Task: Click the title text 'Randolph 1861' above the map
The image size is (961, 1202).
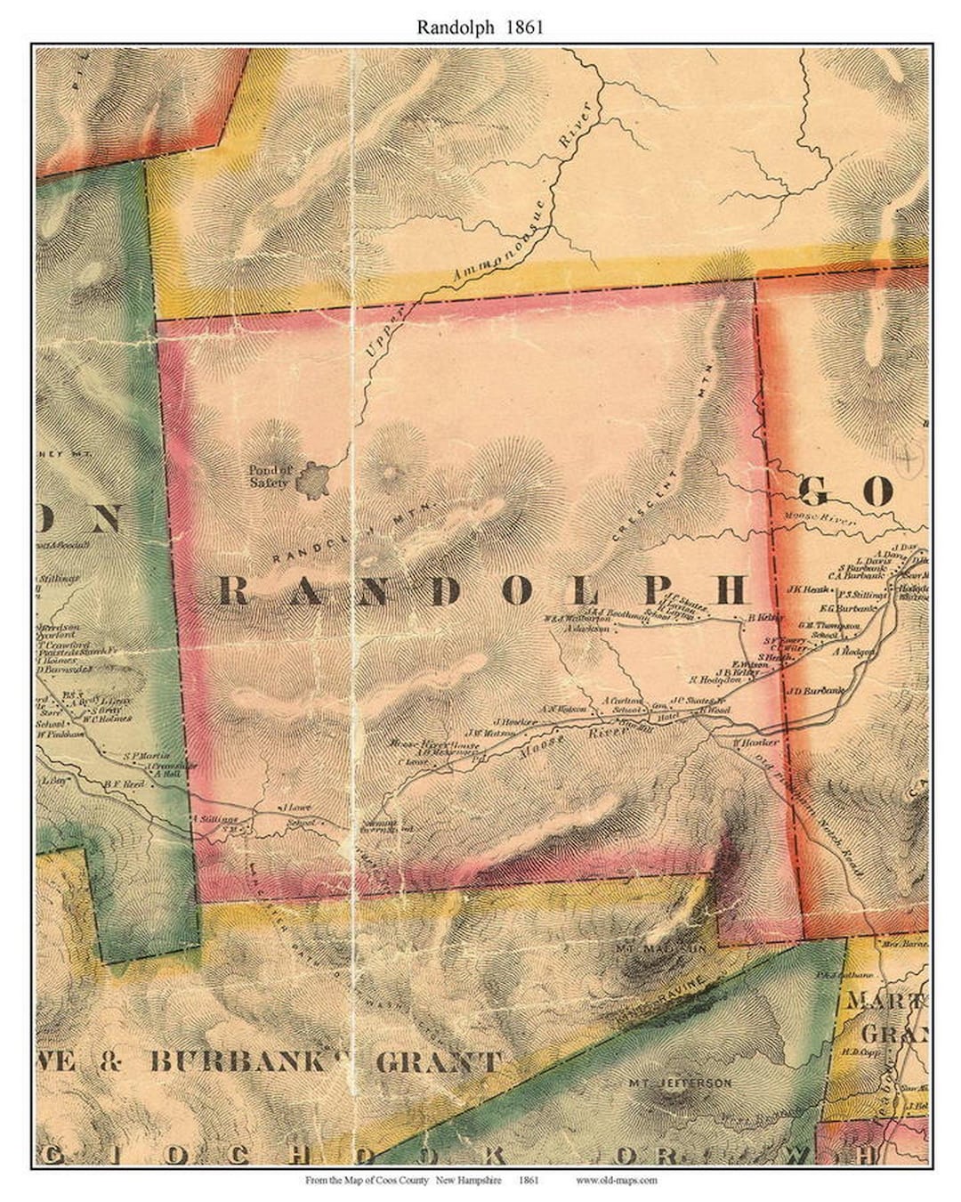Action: click(x=480, y=27)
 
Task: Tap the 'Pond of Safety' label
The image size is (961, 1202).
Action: click(x=270, y=476)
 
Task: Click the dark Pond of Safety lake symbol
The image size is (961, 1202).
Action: click(x=314, y=481)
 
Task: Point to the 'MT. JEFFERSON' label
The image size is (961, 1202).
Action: click(x=680, y=1083)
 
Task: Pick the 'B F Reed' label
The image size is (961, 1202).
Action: click(x=124, y=784)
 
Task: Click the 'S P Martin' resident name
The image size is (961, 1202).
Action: click(x=145, y=757)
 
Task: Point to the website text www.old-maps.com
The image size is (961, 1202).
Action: click(x=616, y=1181)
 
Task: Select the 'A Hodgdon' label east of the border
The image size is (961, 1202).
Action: click(x=854, y=652)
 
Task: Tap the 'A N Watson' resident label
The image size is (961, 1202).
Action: click(x=565, y=709)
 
